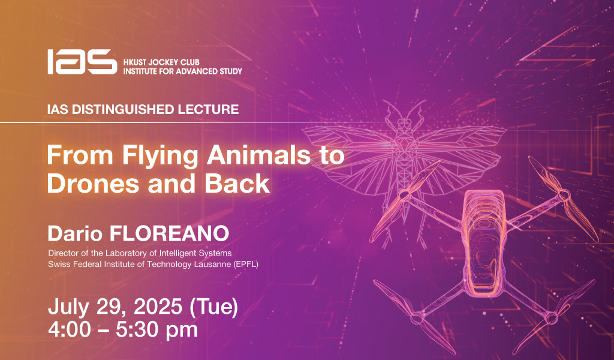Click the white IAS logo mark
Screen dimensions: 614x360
[x=82, y=62]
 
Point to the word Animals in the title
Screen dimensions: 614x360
[x=258, y=155]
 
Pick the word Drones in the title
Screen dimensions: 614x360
[x=93, y=184]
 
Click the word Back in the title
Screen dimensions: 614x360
[x=237, y=184]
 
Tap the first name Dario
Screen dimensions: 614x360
[x=75, y=233]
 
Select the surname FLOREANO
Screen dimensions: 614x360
[x=169, y=233]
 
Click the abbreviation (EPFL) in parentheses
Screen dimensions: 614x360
[x=245, y=265]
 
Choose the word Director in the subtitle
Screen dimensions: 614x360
[x=62, y=253]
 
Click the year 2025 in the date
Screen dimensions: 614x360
[x=158, y=307]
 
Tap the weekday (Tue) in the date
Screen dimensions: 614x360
[x=214, y=307]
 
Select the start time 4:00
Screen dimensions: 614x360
[x=69, y=330]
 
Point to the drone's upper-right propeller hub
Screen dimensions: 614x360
[x=564, y=194]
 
